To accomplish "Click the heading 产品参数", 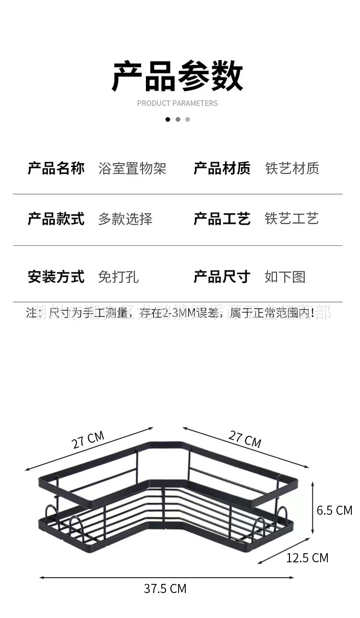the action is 178,75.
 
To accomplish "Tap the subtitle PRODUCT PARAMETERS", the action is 177,103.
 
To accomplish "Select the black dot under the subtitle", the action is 168,120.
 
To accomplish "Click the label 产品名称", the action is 56,169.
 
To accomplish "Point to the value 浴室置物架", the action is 132,169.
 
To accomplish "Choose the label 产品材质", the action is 222,169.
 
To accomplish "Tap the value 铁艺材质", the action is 292,169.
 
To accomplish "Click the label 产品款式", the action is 56,219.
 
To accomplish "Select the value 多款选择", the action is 125,219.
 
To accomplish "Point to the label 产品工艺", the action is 222,219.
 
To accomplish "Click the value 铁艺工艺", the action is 292,219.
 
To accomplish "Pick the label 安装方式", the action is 56,277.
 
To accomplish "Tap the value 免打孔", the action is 119,277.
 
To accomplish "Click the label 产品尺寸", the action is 222,277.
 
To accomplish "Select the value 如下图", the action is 285,277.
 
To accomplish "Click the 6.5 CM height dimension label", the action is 335,510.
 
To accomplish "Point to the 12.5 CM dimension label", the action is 307,558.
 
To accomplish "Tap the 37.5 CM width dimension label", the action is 165,589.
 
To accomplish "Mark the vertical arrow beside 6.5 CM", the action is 313,509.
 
